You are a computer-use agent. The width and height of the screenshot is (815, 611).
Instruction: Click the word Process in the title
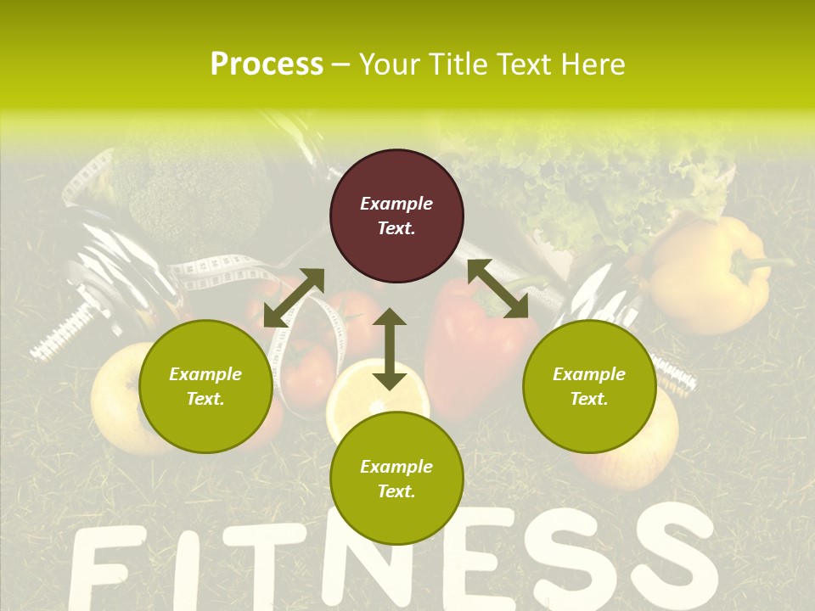pyautogui.click(x=267, y=64)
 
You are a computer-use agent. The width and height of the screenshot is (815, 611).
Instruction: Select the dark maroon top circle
pyautogui.click(x=396, y=216)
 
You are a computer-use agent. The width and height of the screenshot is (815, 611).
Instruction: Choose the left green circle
pyautogui.click(x=205, y=386)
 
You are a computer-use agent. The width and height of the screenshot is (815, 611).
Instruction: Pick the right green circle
pyautogui.click(x=589, y=386)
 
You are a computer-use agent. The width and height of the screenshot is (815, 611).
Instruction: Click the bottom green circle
pyautogui.click(x=396, y=479)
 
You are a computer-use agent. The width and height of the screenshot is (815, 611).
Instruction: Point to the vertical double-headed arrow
pyautogui.click(x=390, y=349)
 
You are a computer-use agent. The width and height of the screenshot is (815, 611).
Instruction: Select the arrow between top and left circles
pyautogui.click(x=294, y=298)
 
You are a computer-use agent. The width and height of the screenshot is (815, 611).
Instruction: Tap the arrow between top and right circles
pyautogui.click(x=497, y=289)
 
